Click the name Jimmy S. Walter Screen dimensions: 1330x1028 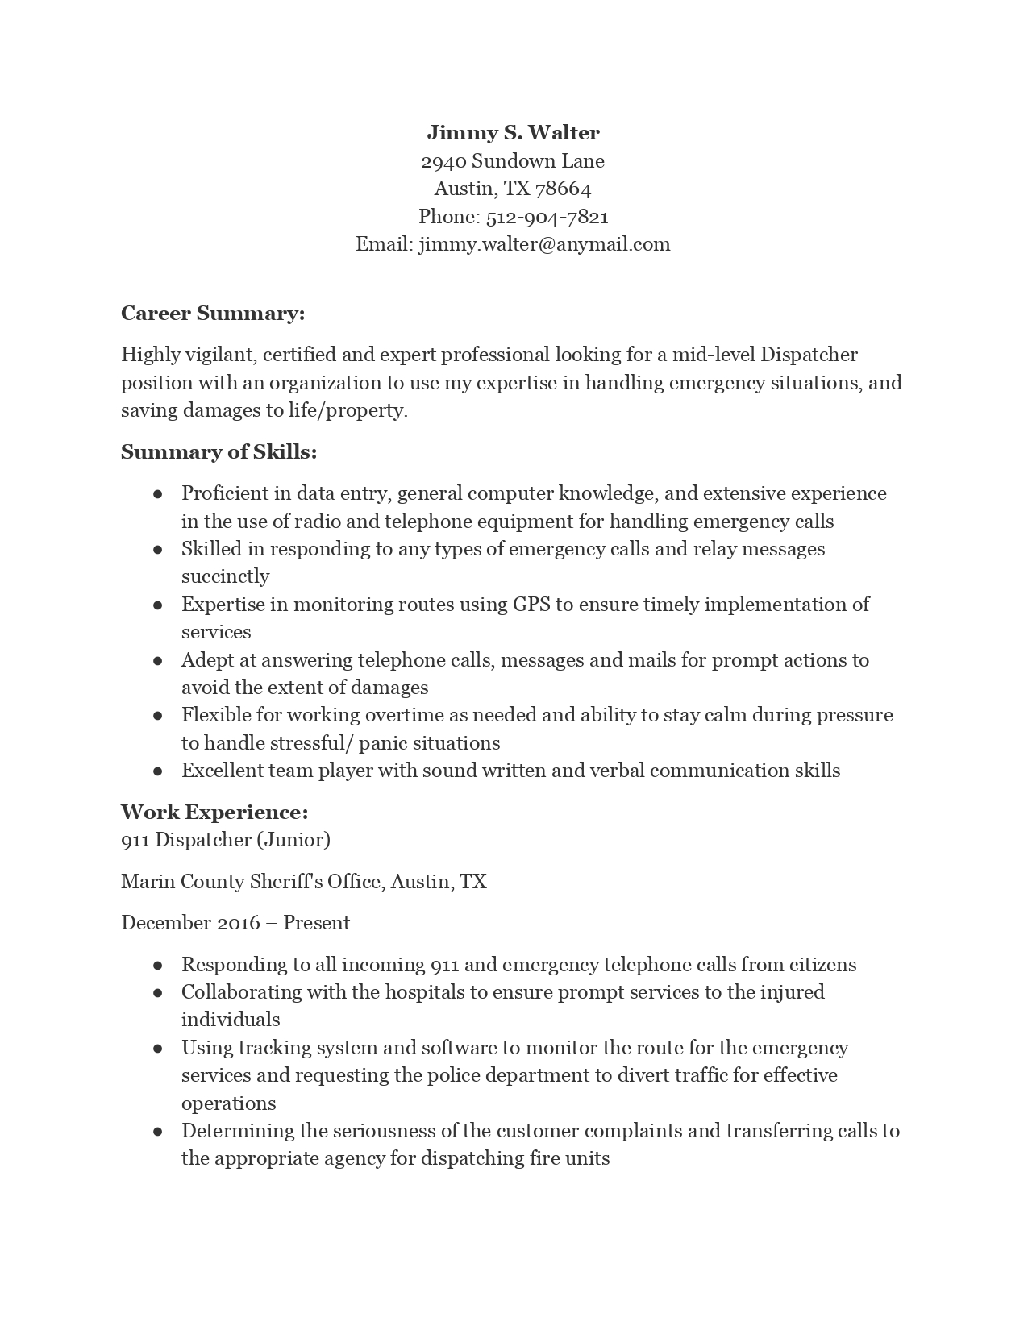513,133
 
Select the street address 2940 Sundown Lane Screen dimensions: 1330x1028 513,161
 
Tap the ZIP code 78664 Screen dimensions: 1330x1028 563,189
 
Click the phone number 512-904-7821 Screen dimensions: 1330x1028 547,217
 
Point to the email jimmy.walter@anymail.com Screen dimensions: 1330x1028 544,244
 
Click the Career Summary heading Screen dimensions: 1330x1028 213,314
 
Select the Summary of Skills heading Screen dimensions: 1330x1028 219,452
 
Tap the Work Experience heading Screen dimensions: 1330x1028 214,812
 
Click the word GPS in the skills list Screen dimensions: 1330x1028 531,605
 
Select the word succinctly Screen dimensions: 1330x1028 225,576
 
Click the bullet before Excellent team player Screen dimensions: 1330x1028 158,771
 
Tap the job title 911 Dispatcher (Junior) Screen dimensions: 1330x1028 226,840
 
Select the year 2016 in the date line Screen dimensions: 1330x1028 239,923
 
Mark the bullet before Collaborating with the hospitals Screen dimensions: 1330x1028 158,993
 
